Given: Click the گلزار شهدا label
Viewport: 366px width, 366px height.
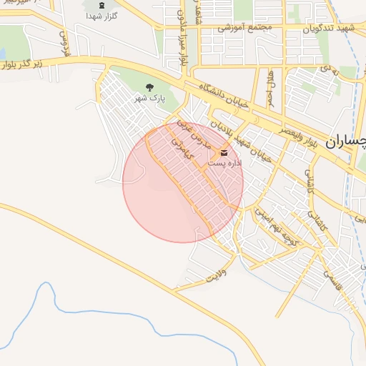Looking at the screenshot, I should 102,15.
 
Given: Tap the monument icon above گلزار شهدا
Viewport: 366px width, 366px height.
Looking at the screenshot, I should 102,4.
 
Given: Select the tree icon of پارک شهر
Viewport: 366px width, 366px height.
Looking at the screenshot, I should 149,87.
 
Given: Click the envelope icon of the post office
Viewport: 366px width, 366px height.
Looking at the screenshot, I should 224,153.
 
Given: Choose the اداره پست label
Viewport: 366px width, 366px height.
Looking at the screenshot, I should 223,164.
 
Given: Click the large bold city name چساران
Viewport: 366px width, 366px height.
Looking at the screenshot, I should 346,142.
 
